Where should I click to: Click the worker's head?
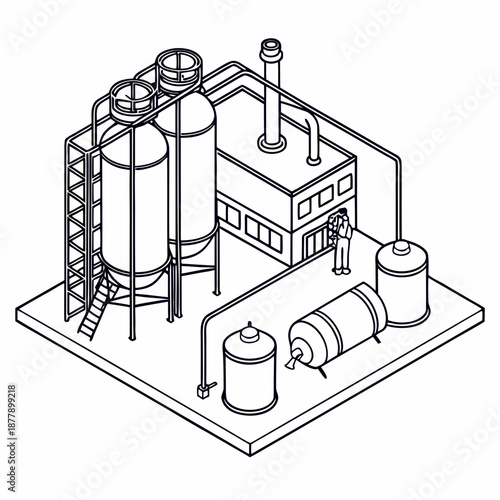point(342,213)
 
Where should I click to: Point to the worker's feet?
point(341,270)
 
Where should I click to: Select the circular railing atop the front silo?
point(132,96)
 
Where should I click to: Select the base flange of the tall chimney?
point(270,145)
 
